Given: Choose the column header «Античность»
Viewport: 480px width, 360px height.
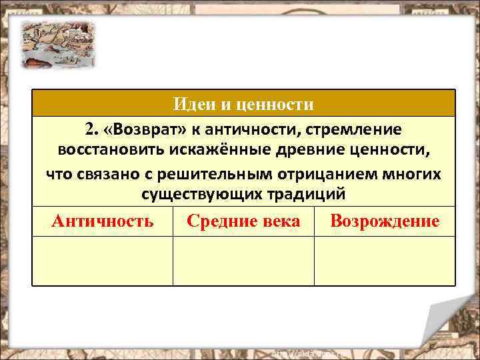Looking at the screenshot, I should pyautogui.click(x=102, y=221).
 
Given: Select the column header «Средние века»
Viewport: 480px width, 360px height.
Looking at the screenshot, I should pyautogui.click(x=243, y=221).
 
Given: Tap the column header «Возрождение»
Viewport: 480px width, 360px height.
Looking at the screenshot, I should pyautogui.click(x=385, y=221).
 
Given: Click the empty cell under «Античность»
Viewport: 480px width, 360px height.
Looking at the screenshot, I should pyautogui.click(x=102, y=261).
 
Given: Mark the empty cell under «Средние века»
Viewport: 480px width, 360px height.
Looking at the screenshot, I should pyautogui.click(x=243, y=261).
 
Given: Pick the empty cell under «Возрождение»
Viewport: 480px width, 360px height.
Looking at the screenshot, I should pyautogui.click(x=385, y=261).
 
